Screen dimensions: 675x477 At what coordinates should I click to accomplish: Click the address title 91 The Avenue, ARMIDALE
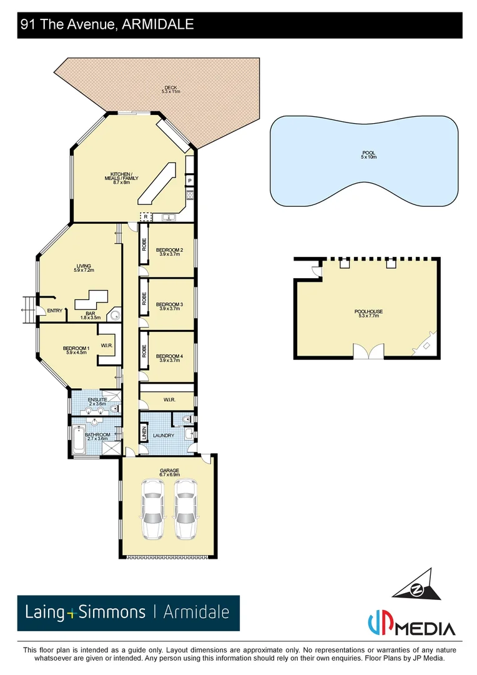tap(107, 25)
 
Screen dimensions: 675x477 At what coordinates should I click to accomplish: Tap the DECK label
tap(170, 89)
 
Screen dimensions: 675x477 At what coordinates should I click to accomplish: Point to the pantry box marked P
tap(189, 181)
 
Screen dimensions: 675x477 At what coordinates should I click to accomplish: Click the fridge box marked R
tap(145, 217)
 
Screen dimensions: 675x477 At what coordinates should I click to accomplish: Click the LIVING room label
tap(84, 267)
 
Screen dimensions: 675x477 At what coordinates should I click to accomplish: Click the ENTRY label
tap(55, 311)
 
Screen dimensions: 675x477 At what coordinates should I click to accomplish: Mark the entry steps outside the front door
tap(28, 306)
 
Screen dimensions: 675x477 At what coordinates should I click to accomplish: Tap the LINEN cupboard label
tap(144, 432)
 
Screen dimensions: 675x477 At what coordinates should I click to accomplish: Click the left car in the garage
tap(152, 509)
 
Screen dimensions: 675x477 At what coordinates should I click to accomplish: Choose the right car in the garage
tap(185, 509)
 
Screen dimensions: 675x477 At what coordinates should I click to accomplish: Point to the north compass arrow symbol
tap(414, 586)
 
